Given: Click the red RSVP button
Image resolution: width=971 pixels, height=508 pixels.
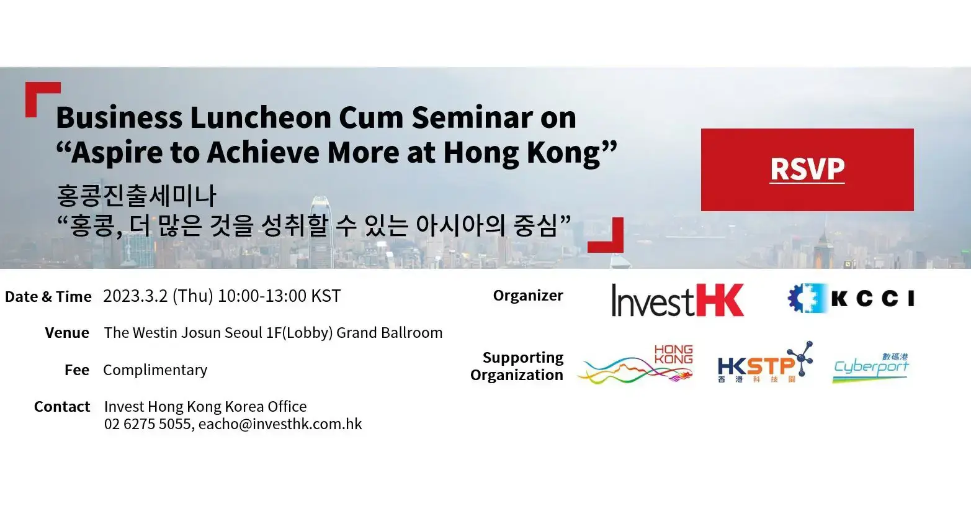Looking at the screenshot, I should click(807, 170).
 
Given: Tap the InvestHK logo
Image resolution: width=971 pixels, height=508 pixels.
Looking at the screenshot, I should click(677, 300).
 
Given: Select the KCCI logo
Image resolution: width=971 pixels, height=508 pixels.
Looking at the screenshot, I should click(851, 299).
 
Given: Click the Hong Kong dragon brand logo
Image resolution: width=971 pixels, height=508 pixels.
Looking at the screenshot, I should click(635, 365).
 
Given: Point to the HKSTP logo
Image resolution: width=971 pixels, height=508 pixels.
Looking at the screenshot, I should click(764, 363).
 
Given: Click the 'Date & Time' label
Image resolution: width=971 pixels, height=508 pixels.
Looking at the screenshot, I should click(48, 297).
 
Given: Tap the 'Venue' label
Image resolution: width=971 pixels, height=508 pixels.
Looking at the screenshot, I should click(67, 333).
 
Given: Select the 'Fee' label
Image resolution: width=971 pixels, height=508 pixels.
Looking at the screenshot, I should click(77, 370).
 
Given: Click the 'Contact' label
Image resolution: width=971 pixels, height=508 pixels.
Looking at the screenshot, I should click(62, 407).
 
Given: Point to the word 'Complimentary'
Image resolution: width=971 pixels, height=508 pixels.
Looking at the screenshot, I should click(155, 370).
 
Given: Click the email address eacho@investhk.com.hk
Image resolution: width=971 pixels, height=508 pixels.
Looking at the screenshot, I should click(280, 424).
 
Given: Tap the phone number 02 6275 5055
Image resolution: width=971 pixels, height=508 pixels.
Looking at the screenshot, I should click(148, 424).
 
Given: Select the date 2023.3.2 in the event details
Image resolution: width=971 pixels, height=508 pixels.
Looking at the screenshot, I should click(135, 296).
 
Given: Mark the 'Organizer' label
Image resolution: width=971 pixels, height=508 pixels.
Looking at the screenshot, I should click(528, 296).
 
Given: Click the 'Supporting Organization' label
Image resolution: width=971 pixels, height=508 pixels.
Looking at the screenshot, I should click(517, 366).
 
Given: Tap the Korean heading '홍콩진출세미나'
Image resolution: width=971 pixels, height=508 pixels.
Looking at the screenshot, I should click(136, 196).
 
